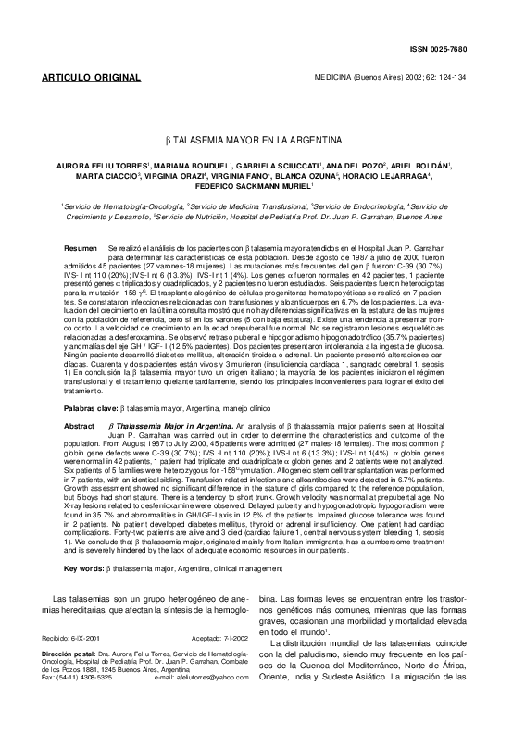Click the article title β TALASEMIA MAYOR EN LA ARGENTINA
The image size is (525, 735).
[262, 141]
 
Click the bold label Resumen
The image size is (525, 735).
[79, 225]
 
